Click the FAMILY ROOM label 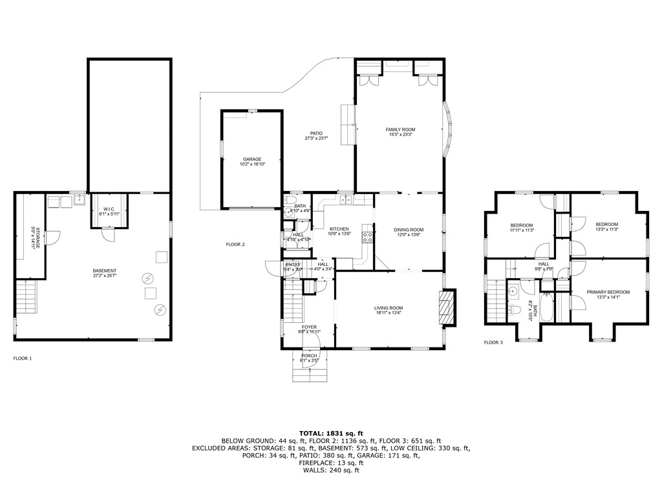point(400,129)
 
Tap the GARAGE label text point(252,159)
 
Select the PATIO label point(316,133)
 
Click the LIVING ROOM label point(388,308)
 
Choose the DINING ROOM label point(409,230)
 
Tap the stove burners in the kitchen point(367,236)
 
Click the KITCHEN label point(339,229)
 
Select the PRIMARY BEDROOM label point(608,292)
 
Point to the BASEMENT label point(104,271)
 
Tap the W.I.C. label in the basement point(108,208)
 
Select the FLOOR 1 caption point(23,358)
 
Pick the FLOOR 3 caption point(493,342)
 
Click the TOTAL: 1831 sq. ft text point(331,432)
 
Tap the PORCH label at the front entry point(309,355)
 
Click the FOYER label point(309,327)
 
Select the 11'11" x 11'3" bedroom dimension point(521,230)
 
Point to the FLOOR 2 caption point(235,245)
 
